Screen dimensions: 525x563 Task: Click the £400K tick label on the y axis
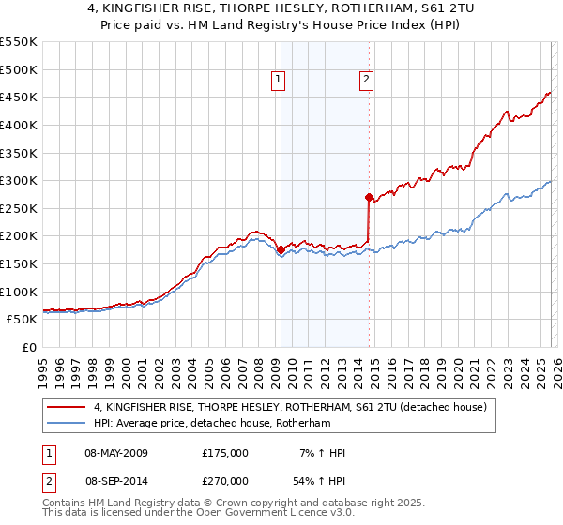pyautogui.click(x=19, y=125)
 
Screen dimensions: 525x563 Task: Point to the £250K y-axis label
pyautogui.click(x=19, y=208)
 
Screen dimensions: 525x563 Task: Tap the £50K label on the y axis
pyautogui.click(x=22, y=320)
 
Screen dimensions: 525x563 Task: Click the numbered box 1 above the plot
pyautogui.click(x=280, y=82)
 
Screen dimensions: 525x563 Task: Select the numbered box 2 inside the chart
pyautogui.click(x=365, y=82)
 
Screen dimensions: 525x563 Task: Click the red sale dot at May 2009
pyautogui.click(x=281, y=249)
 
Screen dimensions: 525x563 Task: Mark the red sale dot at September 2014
pyautogui.click(x=369, y=197)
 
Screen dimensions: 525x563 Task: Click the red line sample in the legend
pyautogui.click(x=67, y=408)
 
